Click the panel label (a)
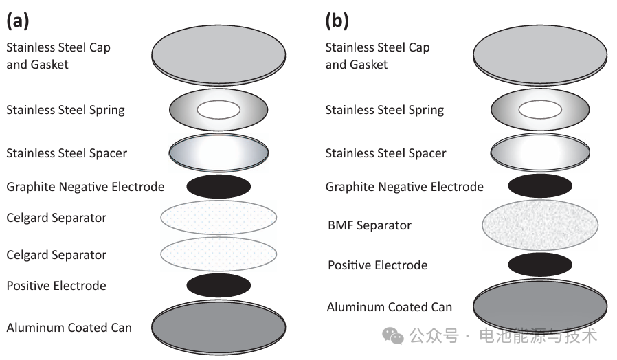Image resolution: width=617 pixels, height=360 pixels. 18,21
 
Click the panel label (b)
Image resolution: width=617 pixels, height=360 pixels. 337,21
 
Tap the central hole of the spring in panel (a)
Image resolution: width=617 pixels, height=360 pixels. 218,110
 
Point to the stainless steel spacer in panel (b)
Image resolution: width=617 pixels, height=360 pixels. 539,153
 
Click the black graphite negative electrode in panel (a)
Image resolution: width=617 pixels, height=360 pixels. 218,187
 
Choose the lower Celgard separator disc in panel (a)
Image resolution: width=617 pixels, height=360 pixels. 218,254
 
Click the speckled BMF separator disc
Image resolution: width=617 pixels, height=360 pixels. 539,225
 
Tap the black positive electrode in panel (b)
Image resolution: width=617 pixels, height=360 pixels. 539,265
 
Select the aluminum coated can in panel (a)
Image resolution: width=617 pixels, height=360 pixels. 218,326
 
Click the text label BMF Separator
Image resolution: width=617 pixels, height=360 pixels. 370,225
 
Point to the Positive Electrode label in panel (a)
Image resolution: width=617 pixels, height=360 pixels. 56,286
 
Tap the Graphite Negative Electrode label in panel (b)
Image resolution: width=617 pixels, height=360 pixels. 404,187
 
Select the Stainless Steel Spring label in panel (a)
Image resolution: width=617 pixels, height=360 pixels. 65,110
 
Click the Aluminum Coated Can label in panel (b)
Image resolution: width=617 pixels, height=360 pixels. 389,307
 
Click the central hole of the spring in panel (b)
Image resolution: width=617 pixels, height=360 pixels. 539,110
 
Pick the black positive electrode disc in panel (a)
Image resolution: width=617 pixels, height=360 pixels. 218,285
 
